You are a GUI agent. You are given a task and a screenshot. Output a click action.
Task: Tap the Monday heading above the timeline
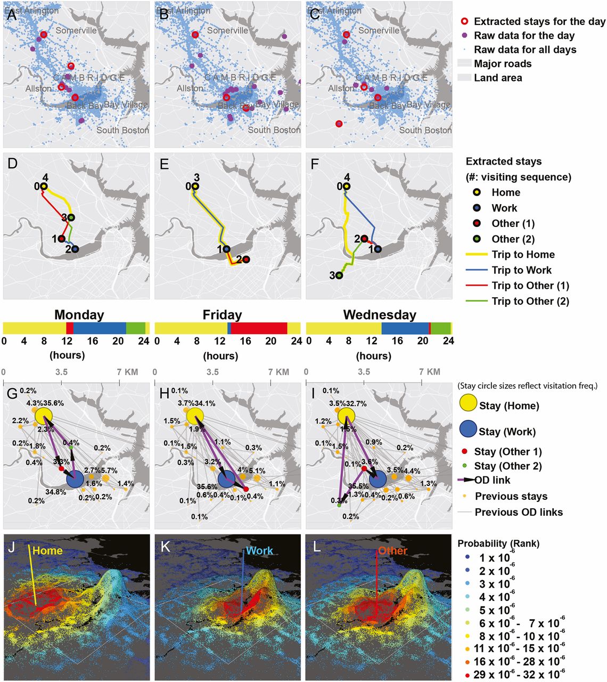pyautogui.click(x=79, y=315)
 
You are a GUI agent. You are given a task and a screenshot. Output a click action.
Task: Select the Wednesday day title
pyautogui.click(x=379, y=315)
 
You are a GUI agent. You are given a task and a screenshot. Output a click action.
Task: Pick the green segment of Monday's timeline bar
pyautogui.click(x=136, y=328)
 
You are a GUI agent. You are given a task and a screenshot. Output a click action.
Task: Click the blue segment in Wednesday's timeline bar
pyautogui.click(x=405, y=328)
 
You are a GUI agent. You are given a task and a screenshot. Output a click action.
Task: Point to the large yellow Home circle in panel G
pyautogui.click(x=44, y=416)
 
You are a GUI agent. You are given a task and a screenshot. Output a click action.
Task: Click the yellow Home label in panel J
pyautogui.click(x=47, y=551)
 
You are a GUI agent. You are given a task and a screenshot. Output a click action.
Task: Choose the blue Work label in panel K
pyautogui.click(x=259, y=551)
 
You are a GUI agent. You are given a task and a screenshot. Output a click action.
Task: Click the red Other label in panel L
pyautogui.click(x=392, y=551)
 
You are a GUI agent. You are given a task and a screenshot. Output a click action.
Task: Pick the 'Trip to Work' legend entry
pyautogui.click(x=521, y=270)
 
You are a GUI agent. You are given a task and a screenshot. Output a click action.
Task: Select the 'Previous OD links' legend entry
pyautogui.click(x=518, y=512)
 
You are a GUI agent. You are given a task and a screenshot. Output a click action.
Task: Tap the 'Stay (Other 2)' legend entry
pyautogui.click(x=507, y=466)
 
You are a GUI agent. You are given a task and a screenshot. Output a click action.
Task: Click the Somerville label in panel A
pyautogui.click(x=76, y=30)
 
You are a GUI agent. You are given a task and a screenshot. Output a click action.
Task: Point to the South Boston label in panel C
pyautogui.click(x=425, y=130)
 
